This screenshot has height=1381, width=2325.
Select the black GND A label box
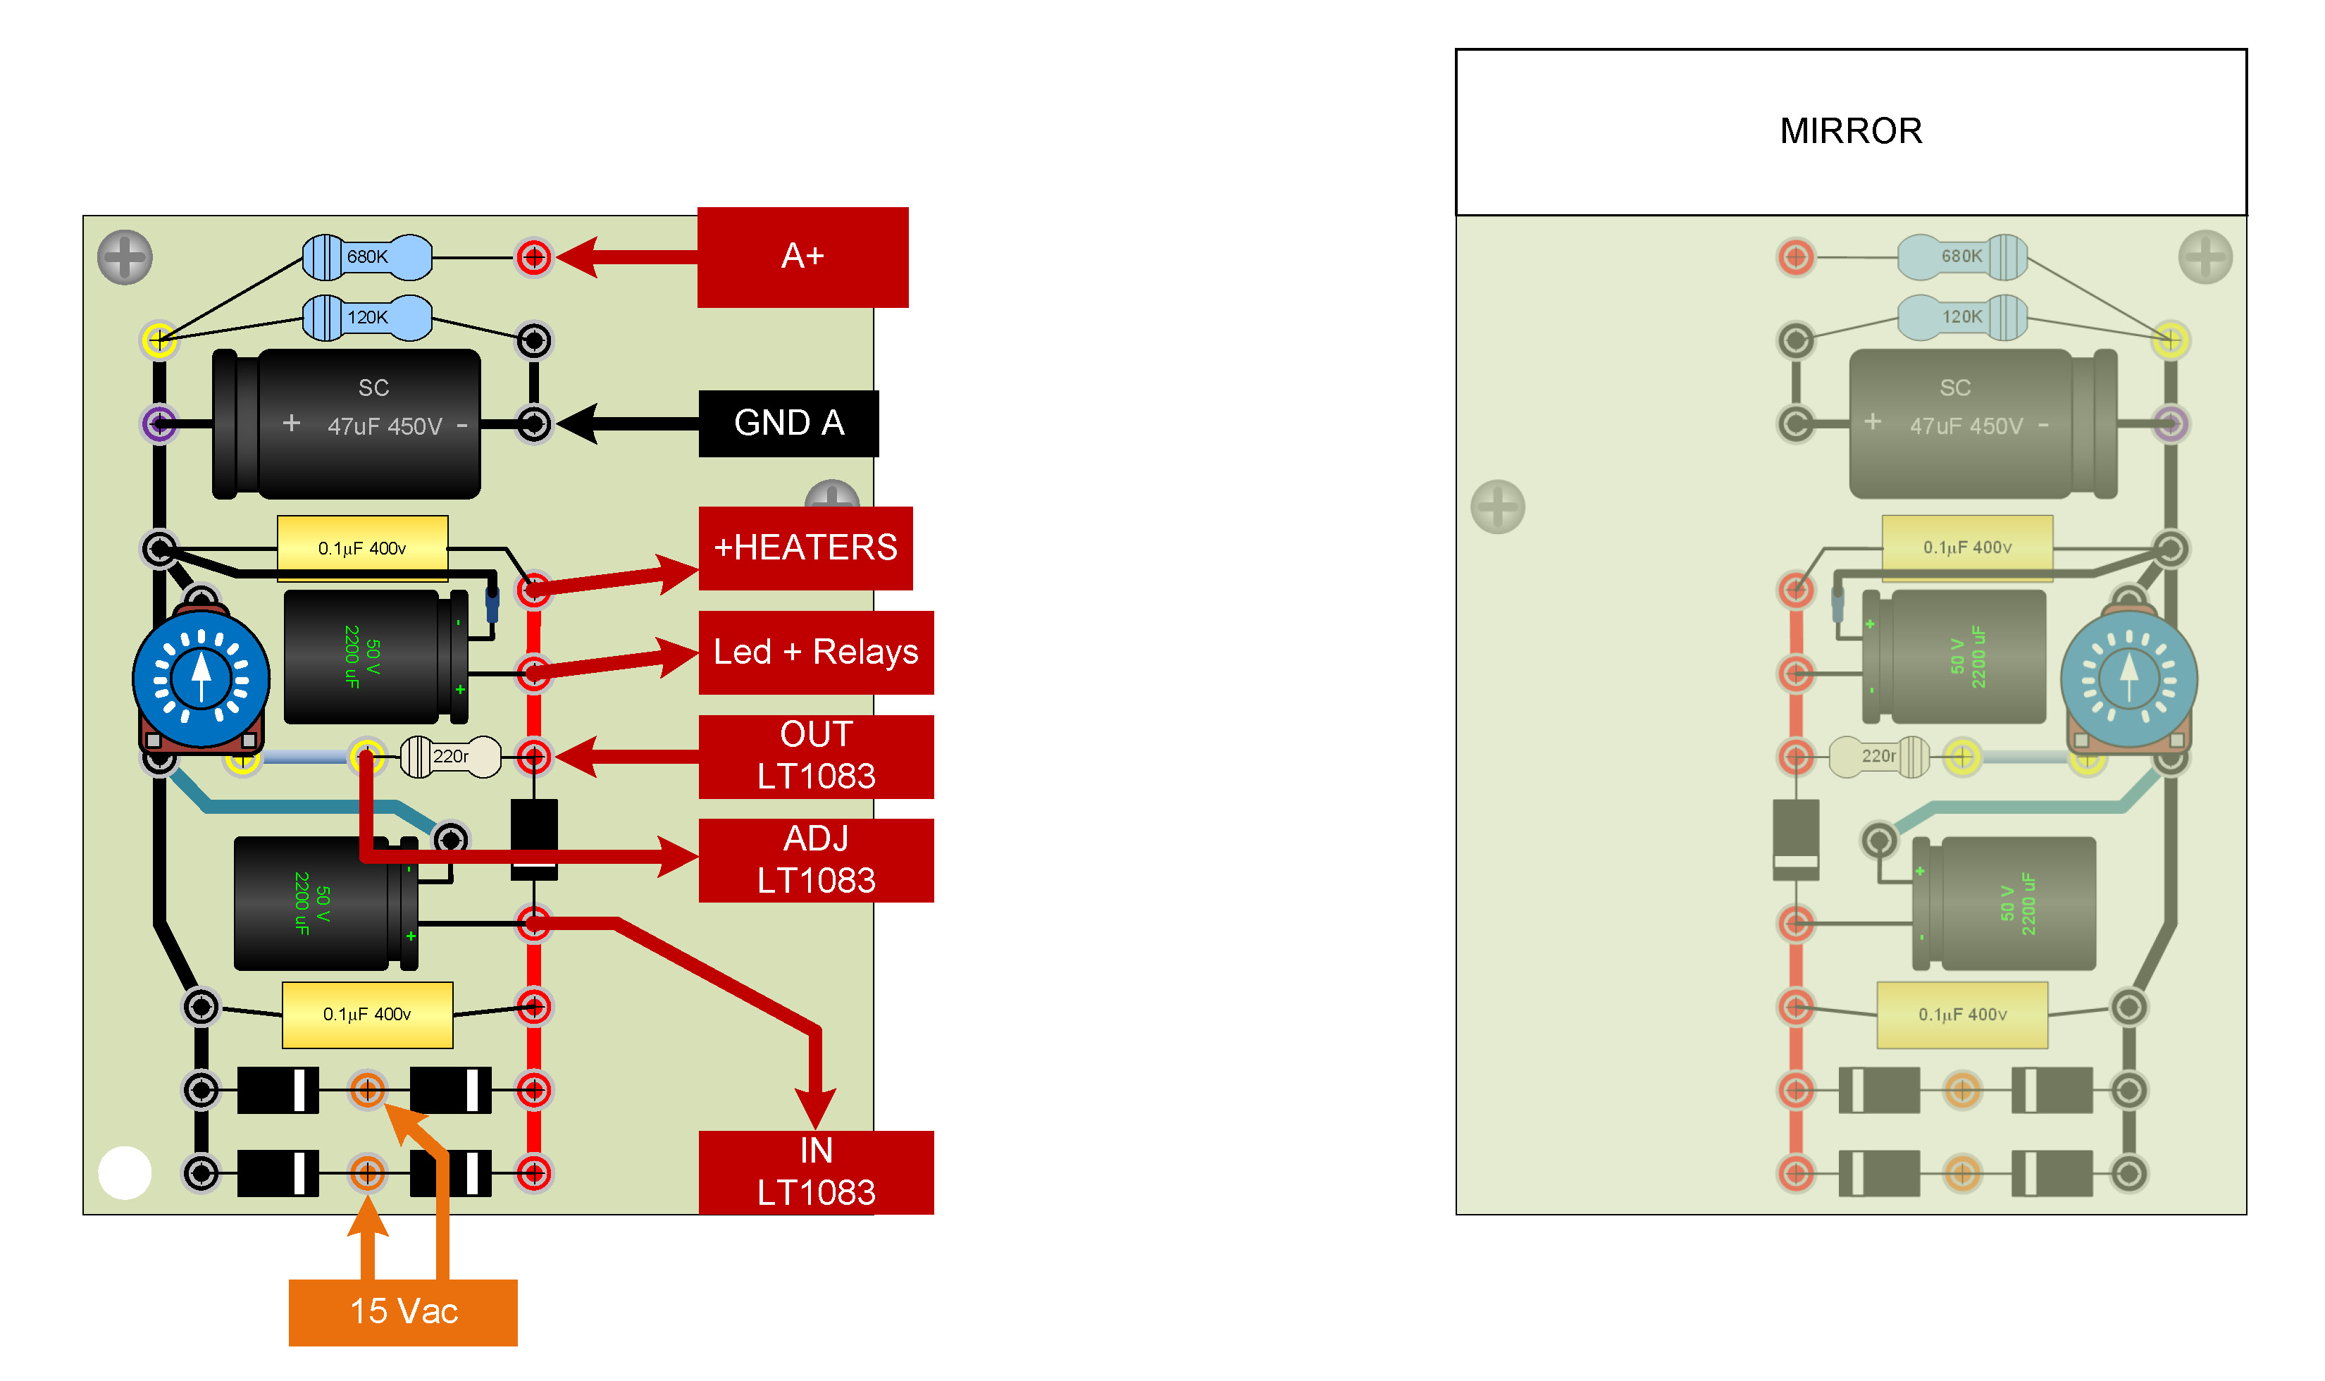pyautogui.click(x=788, y=423)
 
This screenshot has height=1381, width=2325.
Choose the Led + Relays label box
pyautogui.click(x=816, y=652)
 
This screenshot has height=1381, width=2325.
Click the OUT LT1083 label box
pyautogui.click(x=816, y=757)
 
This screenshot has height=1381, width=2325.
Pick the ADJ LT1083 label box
pyautogui.click(x=816, y=861)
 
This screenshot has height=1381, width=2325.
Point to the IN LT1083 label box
pyautogui.click(x=816, y=1172)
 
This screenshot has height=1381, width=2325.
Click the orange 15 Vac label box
pyautogui.click(x=403, y=1312)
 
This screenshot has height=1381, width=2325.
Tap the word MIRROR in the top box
pyautogui.click(x=1851, y=131)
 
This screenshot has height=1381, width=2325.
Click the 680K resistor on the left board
pyautogui.click(x=368, y=258)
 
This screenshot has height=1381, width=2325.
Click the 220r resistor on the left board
pyautogui.click(x=450, y=757)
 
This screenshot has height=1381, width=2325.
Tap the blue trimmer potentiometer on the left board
pyautogui.click(x=201, y=679)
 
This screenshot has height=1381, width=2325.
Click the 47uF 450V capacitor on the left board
pyautogui.click(x=346, y=424)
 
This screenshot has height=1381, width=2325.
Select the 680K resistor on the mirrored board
pyautogui.click(x=1962, y=257)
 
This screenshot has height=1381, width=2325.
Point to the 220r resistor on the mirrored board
pyautogui.click(x=1879, y=757)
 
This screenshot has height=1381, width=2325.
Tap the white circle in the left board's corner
pyautogui.click(x=125, y=1172)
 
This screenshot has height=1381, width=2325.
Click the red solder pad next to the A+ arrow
pyautogui.click(x=534, y=257)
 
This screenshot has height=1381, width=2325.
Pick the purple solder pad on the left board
pyautogui.click(x=160, y=424)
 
